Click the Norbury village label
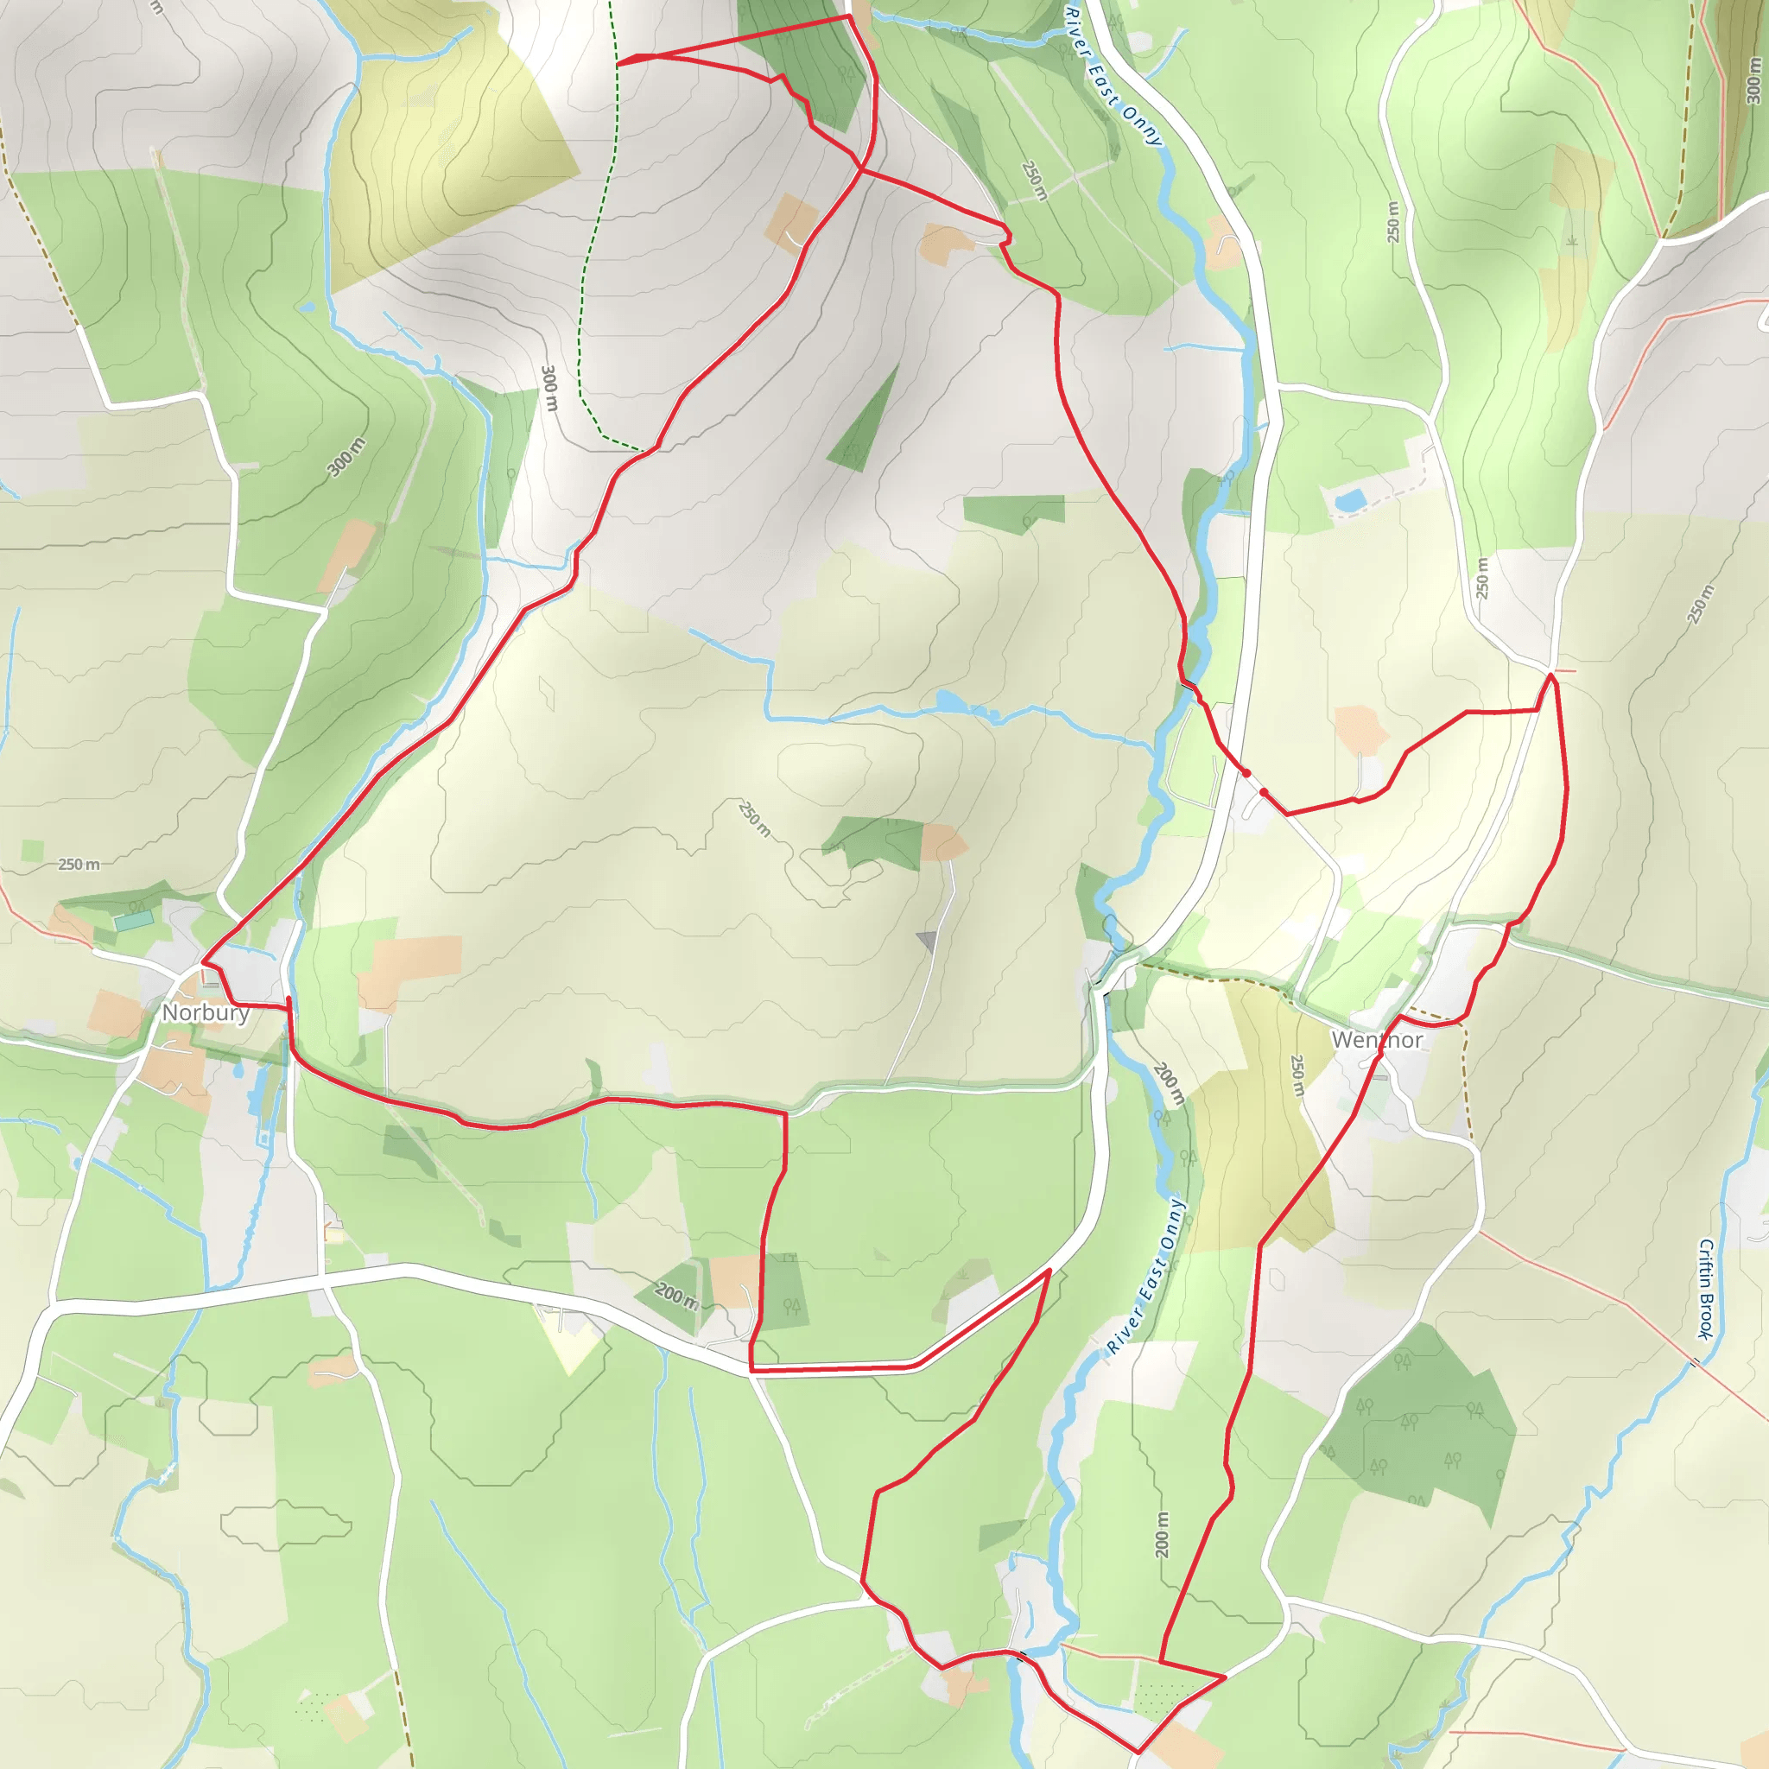pyautogui.click(x=205, y=1012)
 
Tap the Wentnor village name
pyautogui.click(x=1376, y=1040)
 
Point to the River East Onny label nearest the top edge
pyautogui.click(x=1113, y=77)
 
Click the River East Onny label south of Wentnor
pyautogui.click(x=1146, y=1277)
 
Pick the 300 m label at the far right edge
pyautogui.click(x=1753, y=79)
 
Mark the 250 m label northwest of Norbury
pyautogui.click(x=79, y=865)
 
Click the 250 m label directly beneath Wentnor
pyautogui.click(x=1297, y=1076)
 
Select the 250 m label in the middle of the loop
pyautogui.click(x=754, y=819)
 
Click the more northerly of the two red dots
pyautogui.click(x=1246, y=774)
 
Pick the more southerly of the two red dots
pyautogui.click(x=1264, y=792)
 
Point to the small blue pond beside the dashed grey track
pyautogui.click(x=1352, y=500)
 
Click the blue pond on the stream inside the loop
pyautogui.click(x=950, y=702)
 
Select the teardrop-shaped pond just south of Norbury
pyautogui.click(x=239, y=1069)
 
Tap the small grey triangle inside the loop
pyautogui.click(x=928, y=941)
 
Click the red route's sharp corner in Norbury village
pyautogui.click(x=202, y=963)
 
